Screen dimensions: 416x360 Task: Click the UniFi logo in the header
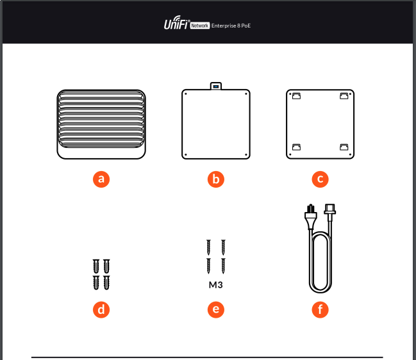click(x=177, y=23)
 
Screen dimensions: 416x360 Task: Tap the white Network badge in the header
click(x=200, y=26)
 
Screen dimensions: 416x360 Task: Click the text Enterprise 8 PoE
click(x=231, y=26)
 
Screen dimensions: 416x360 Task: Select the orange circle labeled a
click(x=101, y=179)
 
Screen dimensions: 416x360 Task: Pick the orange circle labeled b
click(x=216, y=179)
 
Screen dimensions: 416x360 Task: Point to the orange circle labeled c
click(x=320, y=179)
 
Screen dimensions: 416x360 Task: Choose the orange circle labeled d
click(x=101, y=309)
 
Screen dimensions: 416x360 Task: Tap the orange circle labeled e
click(x=216, y=309)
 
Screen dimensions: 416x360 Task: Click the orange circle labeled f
click(x=320, y=309)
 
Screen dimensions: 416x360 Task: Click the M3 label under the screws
click(x=216, y=285)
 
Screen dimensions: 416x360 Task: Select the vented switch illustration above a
click(x=101, y=124)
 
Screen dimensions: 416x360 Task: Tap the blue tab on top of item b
click(x=216, y=86)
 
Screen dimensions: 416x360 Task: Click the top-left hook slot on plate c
click(x=296, y=95)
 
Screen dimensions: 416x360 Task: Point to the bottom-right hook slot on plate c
click(x=344, y=147)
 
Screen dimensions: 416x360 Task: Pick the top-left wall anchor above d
click(x=96, y=266)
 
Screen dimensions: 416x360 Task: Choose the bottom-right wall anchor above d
click(x=106, y=282)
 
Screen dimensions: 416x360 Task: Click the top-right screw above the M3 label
click(x=224, y=247)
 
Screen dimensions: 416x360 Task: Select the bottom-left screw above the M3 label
click(x=208, y=266)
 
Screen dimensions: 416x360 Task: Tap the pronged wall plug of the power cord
click(x=310, y=217)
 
